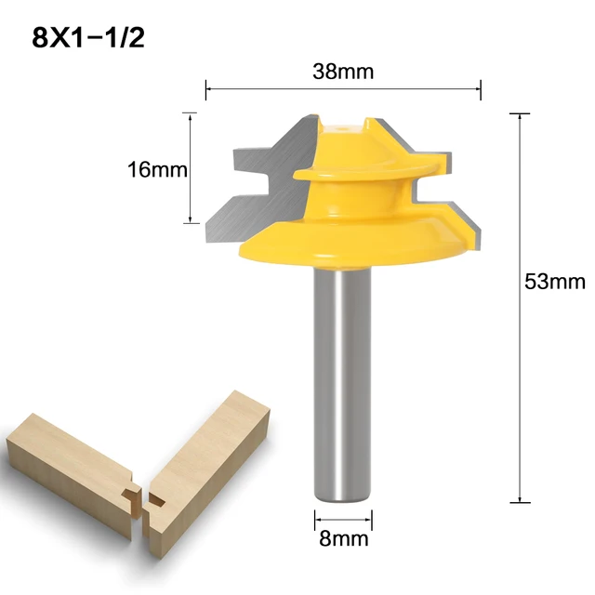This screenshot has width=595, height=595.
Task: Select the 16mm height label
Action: tap(157, 169)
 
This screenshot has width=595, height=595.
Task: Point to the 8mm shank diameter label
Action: tap(342, 537)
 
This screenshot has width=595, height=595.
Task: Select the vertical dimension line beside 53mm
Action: tap(520, 307)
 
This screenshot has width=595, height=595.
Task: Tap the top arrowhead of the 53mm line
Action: tap(520, 115)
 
